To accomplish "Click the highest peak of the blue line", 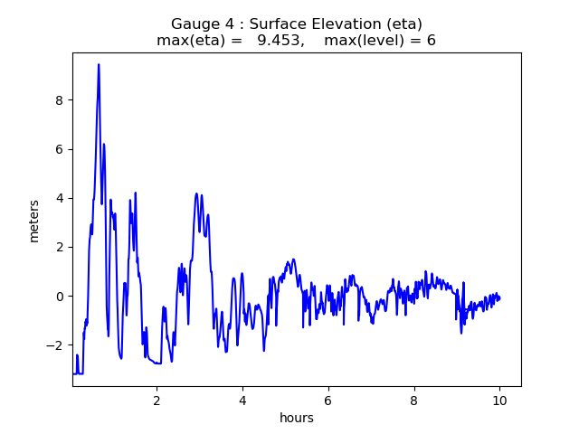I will pyautogui.click(x=99, y=64).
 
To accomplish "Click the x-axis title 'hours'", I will pyautogui.click(x=297, y=418).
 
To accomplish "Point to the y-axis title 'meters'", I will pyautogui.click(x=34, y=221).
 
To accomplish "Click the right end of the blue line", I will pyautogui.click(x=499, y=298).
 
